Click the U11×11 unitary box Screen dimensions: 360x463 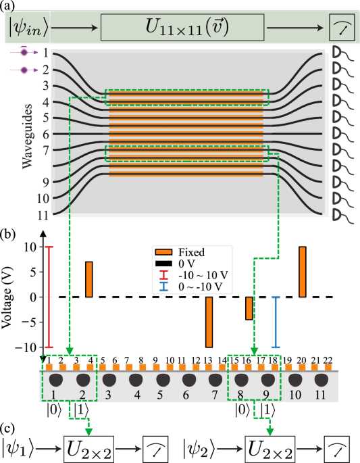[182, 27]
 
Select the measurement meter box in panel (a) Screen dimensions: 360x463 [342, 27]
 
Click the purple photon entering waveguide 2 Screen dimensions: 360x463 [24, 70]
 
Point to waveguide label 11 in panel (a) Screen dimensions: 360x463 [43, 215]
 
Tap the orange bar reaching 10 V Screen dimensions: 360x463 [303, 272]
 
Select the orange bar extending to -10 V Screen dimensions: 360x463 [209, 322]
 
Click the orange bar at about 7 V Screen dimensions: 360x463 [89, 279]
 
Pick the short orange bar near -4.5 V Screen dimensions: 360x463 [249, 308]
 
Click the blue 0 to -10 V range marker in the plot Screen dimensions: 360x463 [276, 322]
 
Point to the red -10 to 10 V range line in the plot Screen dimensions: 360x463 [49, 297]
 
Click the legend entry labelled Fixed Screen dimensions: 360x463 [180, 252]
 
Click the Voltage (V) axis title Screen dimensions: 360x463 [8, 297]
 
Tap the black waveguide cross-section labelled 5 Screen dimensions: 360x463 [162, 381]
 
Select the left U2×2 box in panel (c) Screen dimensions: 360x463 [88, 449]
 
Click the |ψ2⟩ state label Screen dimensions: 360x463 [199, 449]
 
